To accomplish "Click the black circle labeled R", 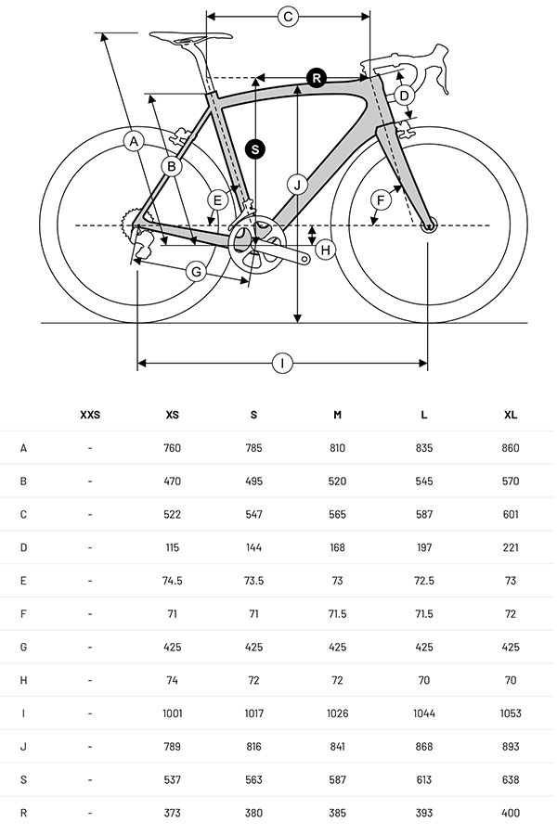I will coord(317,78).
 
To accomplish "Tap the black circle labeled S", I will coord(255,148).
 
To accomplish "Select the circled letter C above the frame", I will coord(288,16).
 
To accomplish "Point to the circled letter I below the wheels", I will coord(282,363).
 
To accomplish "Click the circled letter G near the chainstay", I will coord(196,271).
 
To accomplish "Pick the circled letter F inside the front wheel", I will coord(380,199).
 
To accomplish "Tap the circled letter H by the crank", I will coord(325,249).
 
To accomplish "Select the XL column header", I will coord(511,415).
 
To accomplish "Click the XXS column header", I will coord(90,415).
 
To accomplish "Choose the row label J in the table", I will coord(23,747).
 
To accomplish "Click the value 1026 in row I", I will coord(337,713).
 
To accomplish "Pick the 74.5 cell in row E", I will coord(173,581).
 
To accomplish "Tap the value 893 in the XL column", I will coord(511,747).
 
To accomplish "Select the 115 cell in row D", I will coord(173,547).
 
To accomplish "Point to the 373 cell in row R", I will coord(173,814).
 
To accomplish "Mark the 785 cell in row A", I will coord(254,448).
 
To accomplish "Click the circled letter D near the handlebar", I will coord(404,95).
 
